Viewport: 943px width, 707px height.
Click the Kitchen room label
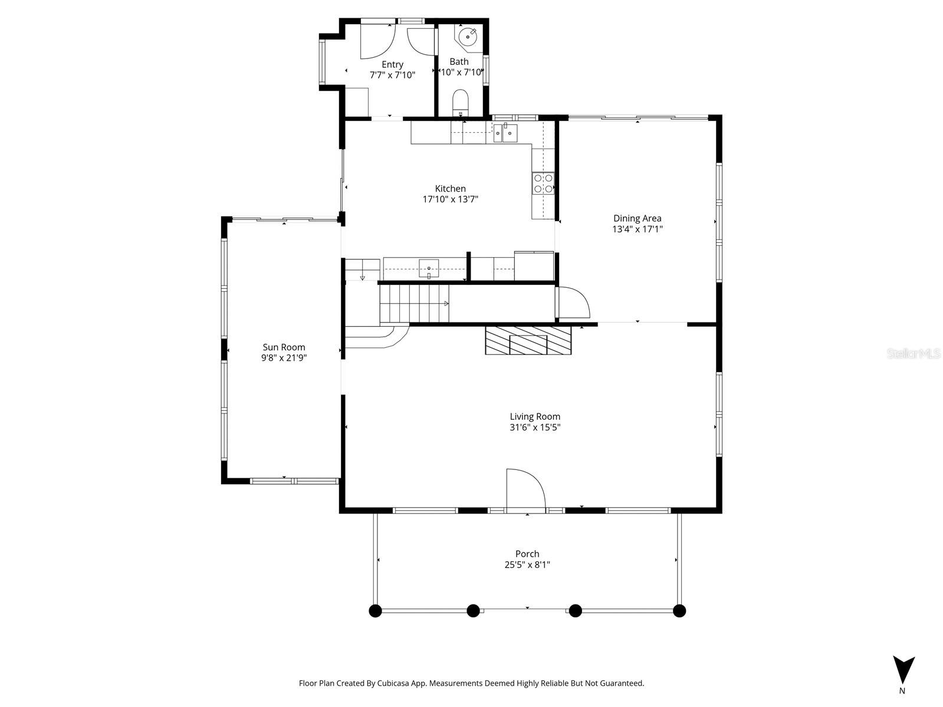pos(450,189)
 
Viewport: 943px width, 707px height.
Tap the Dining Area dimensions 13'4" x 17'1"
pos(637,229)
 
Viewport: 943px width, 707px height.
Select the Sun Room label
pos(284,347)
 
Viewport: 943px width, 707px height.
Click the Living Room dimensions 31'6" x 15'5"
pos(535,428)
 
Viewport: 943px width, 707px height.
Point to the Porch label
pos(527,554)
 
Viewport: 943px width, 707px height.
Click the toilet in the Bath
pos(460,102)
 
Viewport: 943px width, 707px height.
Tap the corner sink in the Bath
pos(468,37)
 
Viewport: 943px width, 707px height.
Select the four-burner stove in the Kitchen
pos(543,183)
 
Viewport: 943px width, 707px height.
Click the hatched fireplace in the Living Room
pos(528,340)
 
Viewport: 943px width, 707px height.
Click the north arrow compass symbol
pos(903,670)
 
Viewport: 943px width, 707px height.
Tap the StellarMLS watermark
pos(914,354)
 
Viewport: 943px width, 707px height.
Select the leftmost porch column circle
pos(375,611)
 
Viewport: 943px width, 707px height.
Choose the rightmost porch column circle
pos(679,611)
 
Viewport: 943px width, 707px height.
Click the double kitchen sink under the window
pos(505,134)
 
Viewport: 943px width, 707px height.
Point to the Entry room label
pos(392,65)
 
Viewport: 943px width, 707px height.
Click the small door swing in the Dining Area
pos(572,302)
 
